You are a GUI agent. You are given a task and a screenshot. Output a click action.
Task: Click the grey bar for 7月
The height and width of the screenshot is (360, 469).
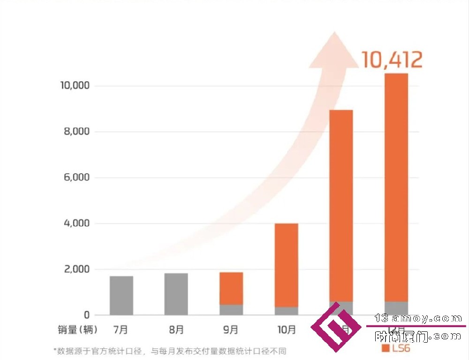pos(121,295)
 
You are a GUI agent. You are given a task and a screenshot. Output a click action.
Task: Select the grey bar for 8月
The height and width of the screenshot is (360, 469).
pos(176,294)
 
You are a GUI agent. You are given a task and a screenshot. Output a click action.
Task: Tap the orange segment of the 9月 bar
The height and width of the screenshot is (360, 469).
pos(231,288)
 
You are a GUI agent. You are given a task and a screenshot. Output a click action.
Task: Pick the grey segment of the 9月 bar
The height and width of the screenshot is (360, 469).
pos(231,310)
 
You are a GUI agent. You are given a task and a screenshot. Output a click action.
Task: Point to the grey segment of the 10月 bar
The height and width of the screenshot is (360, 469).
pos(286,311)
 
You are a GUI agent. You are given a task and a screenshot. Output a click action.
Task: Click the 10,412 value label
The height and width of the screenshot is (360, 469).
pos(392,60)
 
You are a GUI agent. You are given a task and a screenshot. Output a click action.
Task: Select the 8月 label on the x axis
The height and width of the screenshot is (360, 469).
pos(176,330)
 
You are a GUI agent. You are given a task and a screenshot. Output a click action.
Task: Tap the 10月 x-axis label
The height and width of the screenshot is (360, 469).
pos(286,330)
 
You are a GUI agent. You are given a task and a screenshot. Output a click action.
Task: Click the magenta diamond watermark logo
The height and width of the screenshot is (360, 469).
pos(336,327)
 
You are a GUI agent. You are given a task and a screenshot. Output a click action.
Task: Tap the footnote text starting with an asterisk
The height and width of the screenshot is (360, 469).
pos(169,351)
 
